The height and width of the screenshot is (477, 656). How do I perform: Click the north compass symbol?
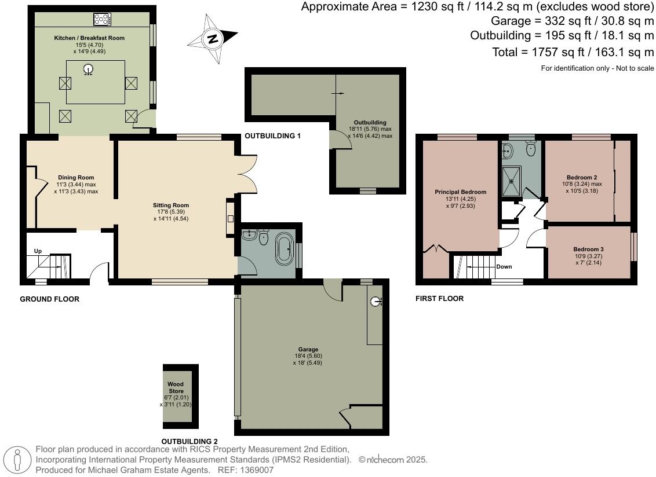213,39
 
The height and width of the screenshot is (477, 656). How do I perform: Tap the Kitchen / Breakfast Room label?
89,38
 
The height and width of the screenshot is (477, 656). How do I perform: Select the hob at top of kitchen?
102,19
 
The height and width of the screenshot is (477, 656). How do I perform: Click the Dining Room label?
76,178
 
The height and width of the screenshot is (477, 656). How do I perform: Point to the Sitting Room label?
171,206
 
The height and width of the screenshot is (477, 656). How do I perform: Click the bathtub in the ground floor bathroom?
284,249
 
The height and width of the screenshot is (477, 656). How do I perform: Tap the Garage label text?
308,350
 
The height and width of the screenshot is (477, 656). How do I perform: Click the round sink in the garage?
376,302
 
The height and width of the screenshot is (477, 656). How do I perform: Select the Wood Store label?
176,387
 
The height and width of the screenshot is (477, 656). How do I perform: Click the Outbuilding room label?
370,123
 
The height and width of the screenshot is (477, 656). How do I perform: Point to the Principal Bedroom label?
461,192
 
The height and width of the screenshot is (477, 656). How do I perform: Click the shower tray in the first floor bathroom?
511,180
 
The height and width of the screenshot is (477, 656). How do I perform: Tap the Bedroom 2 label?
582,178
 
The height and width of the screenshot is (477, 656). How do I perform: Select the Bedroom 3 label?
588,249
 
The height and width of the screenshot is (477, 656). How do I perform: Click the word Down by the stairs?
505,267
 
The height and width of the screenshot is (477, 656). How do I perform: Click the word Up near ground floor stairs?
38,251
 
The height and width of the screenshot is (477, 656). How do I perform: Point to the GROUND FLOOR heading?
49,299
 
